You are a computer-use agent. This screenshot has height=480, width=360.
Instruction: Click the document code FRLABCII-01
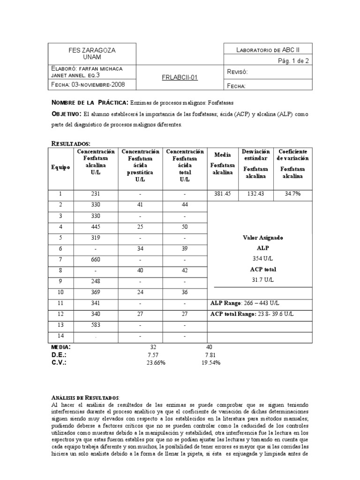click(180, 78)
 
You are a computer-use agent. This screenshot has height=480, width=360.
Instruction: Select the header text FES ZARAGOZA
click(92, 50)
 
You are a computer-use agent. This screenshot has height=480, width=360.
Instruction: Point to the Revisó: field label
click(237, 72)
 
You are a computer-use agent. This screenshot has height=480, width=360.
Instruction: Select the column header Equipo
click(61, 167)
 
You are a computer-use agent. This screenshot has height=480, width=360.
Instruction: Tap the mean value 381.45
click(223, 194)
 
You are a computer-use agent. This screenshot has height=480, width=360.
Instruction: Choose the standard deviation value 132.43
click(256, 194)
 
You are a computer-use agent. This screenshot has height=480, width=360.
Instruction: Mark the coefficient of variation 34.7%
click(292, 194)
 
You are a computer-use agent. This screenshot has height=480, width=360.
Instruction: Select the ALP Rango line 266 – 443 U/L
click(246, 303)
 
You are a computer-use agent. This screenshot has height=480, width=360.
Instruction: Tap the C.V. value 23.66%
click(156, 362)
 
